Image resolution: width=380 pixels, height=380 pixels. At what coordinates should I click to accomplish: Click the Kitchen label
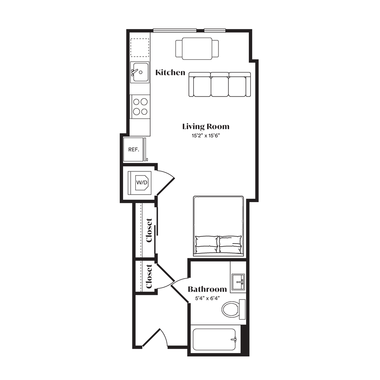(170, 73)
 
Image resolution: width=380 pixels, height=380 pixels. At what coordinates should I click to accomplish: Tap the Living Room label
(206, 127)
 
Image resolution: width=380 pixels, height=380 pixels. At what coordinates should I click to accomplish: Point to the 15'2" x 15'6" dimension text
(206, 136)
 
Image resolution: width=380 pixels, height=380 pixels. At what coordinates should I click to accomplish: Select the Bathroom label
(207, 289)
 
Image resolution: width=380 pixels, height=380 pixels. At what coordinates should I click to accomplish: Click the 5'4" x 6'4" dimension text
(207, 298)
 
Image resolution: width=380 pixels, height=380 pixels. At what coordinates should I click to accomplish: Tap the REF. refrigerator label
(134, 149)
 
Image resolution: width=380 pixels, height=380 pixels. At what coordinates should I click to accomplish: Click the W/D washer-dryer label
(142, 182)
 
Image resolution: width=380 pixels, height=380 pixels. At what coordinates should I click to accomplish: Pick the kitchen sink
(139, 72)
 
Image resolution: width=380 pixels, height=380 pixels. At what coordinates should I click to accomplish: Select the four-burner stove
(140, 107)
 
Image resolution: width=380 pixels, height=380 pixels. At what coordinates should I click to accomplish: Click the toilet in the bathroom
(233, 309)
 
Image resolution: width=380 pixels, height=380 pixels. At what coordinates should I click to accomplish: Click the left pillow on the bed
(206, 244)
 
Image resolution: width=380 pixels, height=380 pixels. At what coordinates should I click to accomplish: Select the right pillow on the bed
(230, 244)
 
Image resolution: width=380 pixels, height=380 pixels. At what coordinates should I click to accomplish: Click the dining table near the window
(197, 49)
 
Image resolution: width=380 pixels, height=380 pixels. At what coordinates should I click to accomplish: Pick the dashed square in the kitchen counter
(139, 47)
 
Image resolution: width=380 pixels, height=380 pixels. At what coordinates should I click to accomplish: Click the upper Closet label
(149, 230)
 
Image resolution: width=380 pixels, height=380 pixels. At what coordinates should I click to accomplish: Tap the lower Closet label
(149, 276)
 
